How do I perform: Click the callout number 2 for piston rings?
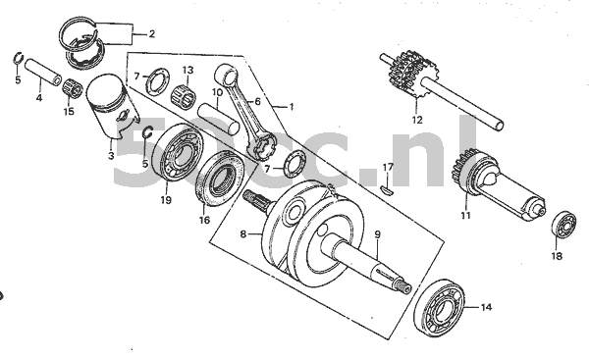click(150, 32)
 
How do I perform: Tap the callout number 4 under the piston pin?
click(38, 97)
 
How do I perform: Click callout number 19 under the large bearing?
click(166, 199)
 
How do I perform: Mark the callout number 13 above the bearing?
click(187, 70)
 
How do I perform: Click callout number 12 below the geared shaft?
click(417, 120)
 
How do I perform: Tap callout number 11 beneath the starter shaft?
click(466, 215)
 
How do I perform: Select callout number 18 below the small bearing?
click(557, 257)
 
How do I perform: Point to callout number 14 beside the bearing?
click(485, 307)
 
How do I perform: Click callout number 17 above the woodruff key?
click(388, 167)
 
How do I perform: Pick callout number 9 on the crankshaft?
click(377, 234)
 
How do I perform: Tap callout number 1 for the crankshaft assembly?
click(291, 106)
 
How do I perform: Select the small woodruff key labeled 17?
click(386, 189)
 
